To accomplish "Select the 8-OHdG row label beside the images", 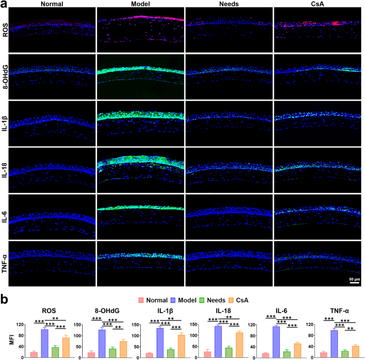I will point(5,75).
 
